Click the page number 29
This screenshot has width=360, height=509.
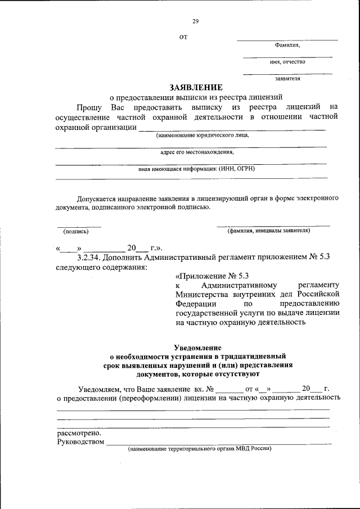[x=196, y=21]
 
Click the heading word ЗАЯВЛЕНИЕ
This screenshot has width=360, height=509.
[x=196, y=87]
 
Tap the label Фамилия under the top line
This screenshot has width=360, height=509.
[x=287, y=45]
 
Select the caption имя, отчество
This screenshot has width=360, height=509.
[x=287, y=62]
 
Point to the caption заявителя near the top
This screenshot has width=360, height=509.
[x=287, y=79]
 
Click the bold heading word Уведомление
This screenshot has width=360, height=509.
[x=197, y=348]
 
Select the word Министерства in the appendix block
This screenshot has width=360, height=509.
[x=204, y=295]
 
